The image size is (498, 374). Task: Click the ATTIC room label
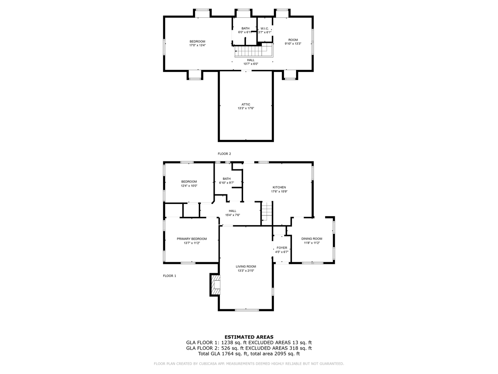click(246, 105)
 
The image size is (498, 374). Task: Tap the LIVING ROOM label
click(246, 266)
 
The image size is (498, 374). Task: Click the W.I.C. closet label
click(265, 28)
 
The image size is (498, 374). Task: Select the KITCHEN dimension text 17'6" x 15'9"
click(279, 192)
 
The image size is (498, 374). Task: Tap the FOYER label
click(282, 248)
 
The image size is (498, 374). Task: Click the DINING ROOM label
click(312, 239)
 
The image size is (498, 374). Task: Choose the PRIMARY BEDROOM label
click(192, 239)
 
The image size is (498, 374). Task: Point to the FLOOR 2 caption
click(224, 154)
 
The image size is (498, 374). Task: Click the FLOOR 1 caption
click(169, 276)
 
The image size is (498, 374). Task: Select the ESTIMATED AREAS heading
click(249, 337)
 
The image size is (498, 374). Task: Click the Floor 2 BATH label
click(246, 28)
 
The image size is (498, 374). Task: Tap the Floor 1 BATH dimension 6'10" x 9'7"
click(227, 183)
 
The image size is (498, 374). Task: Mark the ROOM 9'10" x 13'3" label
click(293, 42)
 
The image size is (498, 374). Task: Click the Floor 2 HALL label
click(251, 60)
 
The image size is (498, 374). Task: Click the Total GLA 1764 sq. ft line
click(249, 354)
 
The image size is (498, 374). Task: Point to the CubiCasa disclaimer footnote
click(249, 364)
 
